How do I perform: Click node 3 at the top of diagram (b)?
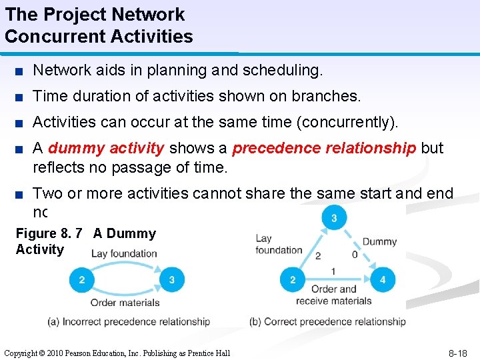pyautogui.click(x=333, y=218)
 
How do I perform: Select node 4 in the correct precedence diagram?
pyautogui.click(x=382, y=280)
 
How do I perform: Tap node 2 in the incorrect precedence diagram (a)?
pyautogui.click(x=82, y=280)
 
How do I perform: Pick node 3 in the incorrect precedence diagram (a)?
pyautogui.click(x=172, y=280)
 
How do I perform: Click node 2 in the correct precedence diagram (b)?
pyautogui.click(x=293, y=280)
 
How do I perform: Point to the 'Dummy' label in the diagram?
pyautogui.click(x=379, y=241)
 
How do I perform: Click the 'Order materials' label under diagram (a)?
pyautogui.click(x=125, y=303)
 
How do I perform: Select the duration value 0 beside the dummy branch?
pyautogui.click(x=355, y=255)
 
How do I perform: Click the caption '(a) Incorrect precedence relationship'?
pyautogui.click(x=129, y=322)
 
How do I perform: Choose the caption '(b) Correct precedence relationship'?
pyautogui.click(x=327, y=322)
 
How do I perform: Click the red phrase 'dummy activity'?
pyautogui.click(x=106, y=148)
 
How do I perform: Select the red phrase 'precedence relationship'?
pyautogui.click(x=323, y=148)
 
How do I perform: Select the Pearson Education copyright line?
pyautogui.click(x=117, y=353)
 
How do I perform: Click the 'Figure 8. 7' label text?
pyautogui.click(x=49, y=233)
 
